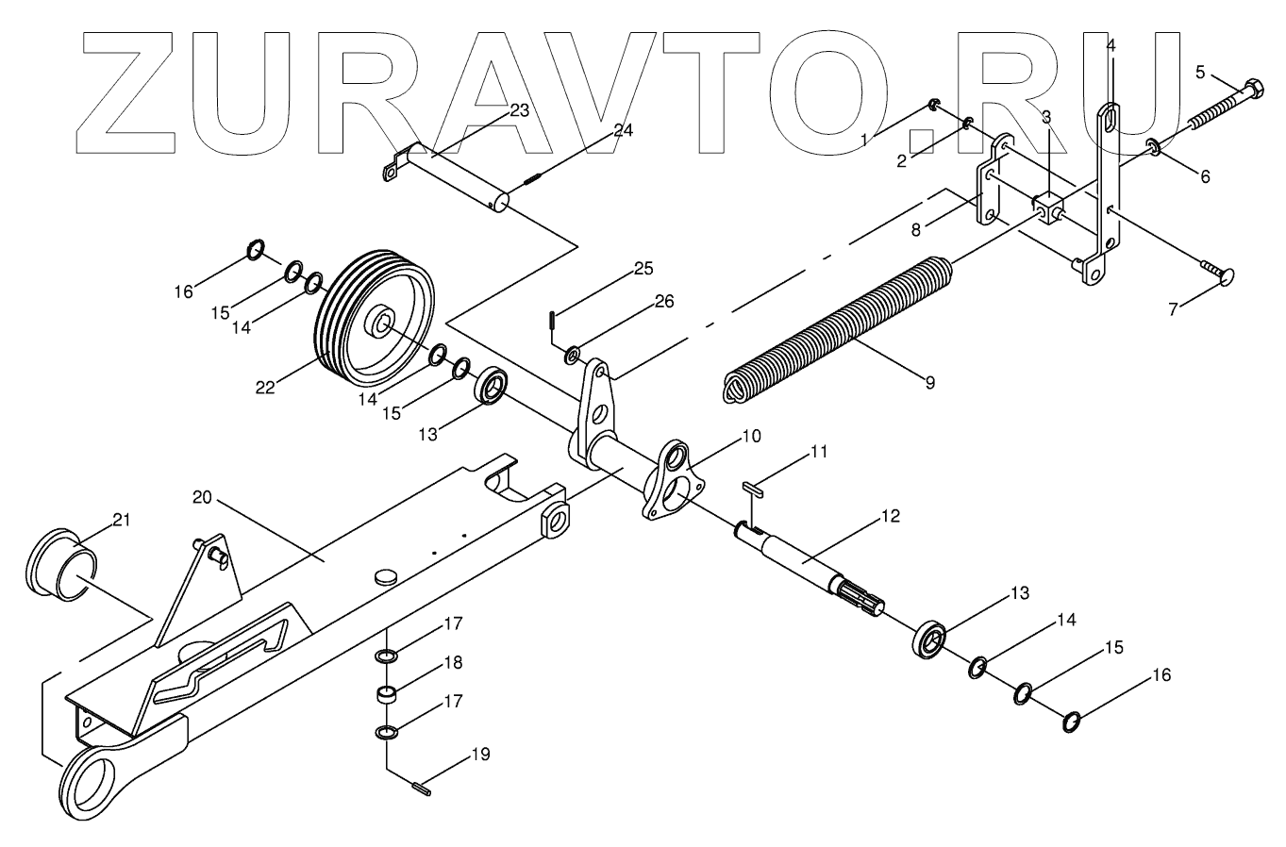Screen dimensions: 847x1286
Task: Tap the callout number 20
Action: coord(203,497)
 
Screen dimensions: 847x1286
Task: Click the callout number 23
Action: coord(519,110)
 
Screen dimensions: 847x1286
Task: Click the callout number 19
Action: coord(480,755)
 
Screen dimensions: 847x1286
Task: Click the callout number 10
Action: coord(750,436)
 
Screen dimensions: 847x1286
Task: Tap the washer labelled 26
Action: coord(573,356)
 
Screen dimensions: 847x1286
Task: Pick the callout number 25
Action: coord(642,269)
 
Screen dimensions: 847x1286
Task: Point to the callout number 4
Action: coord(1110,44)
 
